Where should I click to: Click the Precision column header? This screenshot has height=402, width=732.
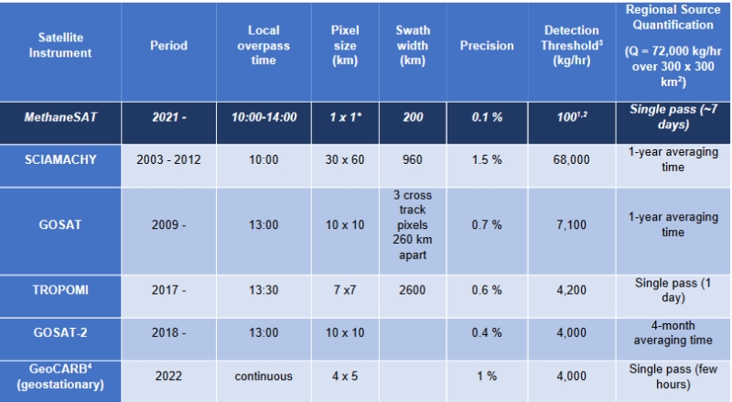pyautogui.click(x=487, y=46)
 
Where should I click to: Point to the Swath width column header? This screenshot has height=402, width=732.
pyautogui.click(x=413, y=46)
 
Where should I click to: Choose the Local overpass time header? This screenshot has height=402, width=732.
pyautogui.click(x=264, y=46)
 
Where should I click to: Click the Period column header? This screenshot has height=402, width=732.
pyautogui.click(x=169, y=46)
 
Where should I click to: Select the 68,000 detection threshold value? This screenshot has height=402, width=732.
pyautogui.click(x=571, y=158)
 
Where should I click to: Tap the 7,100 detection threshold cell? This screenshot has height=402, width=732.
pyautogui.click(x=571, y=224)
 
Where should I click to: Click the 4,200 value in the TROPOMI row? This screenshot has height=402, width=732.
pyautogui.click(x=571, y=289)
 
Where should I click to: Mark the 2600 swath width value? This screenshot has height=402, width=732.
pyautogui.click(x=413, y=289)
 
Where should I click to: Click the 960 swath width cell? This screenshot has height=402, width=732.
pyautogui.click(x=413, y=158)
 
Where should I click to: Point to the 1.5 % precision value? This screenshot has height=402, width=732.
pyautogui.click(x=487, y=158)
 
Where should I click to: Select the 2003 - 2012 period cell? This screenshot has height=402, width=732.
pyautogui.click(x=169, y=158)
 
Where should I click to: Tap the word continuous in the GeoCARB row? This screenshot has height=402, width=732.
pyautogui.click(x=264, y=375)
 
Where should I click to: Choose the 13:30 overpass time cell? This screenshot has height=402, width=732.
pyautogui.click(x=264, y=289)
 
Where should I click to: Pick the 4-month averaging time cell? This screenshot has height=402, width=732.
pyautogui.click(x=673, y=332)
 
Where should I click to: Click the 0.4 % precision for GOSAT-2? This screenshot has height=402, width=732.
pyautogui.click(x=487, y=332)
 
